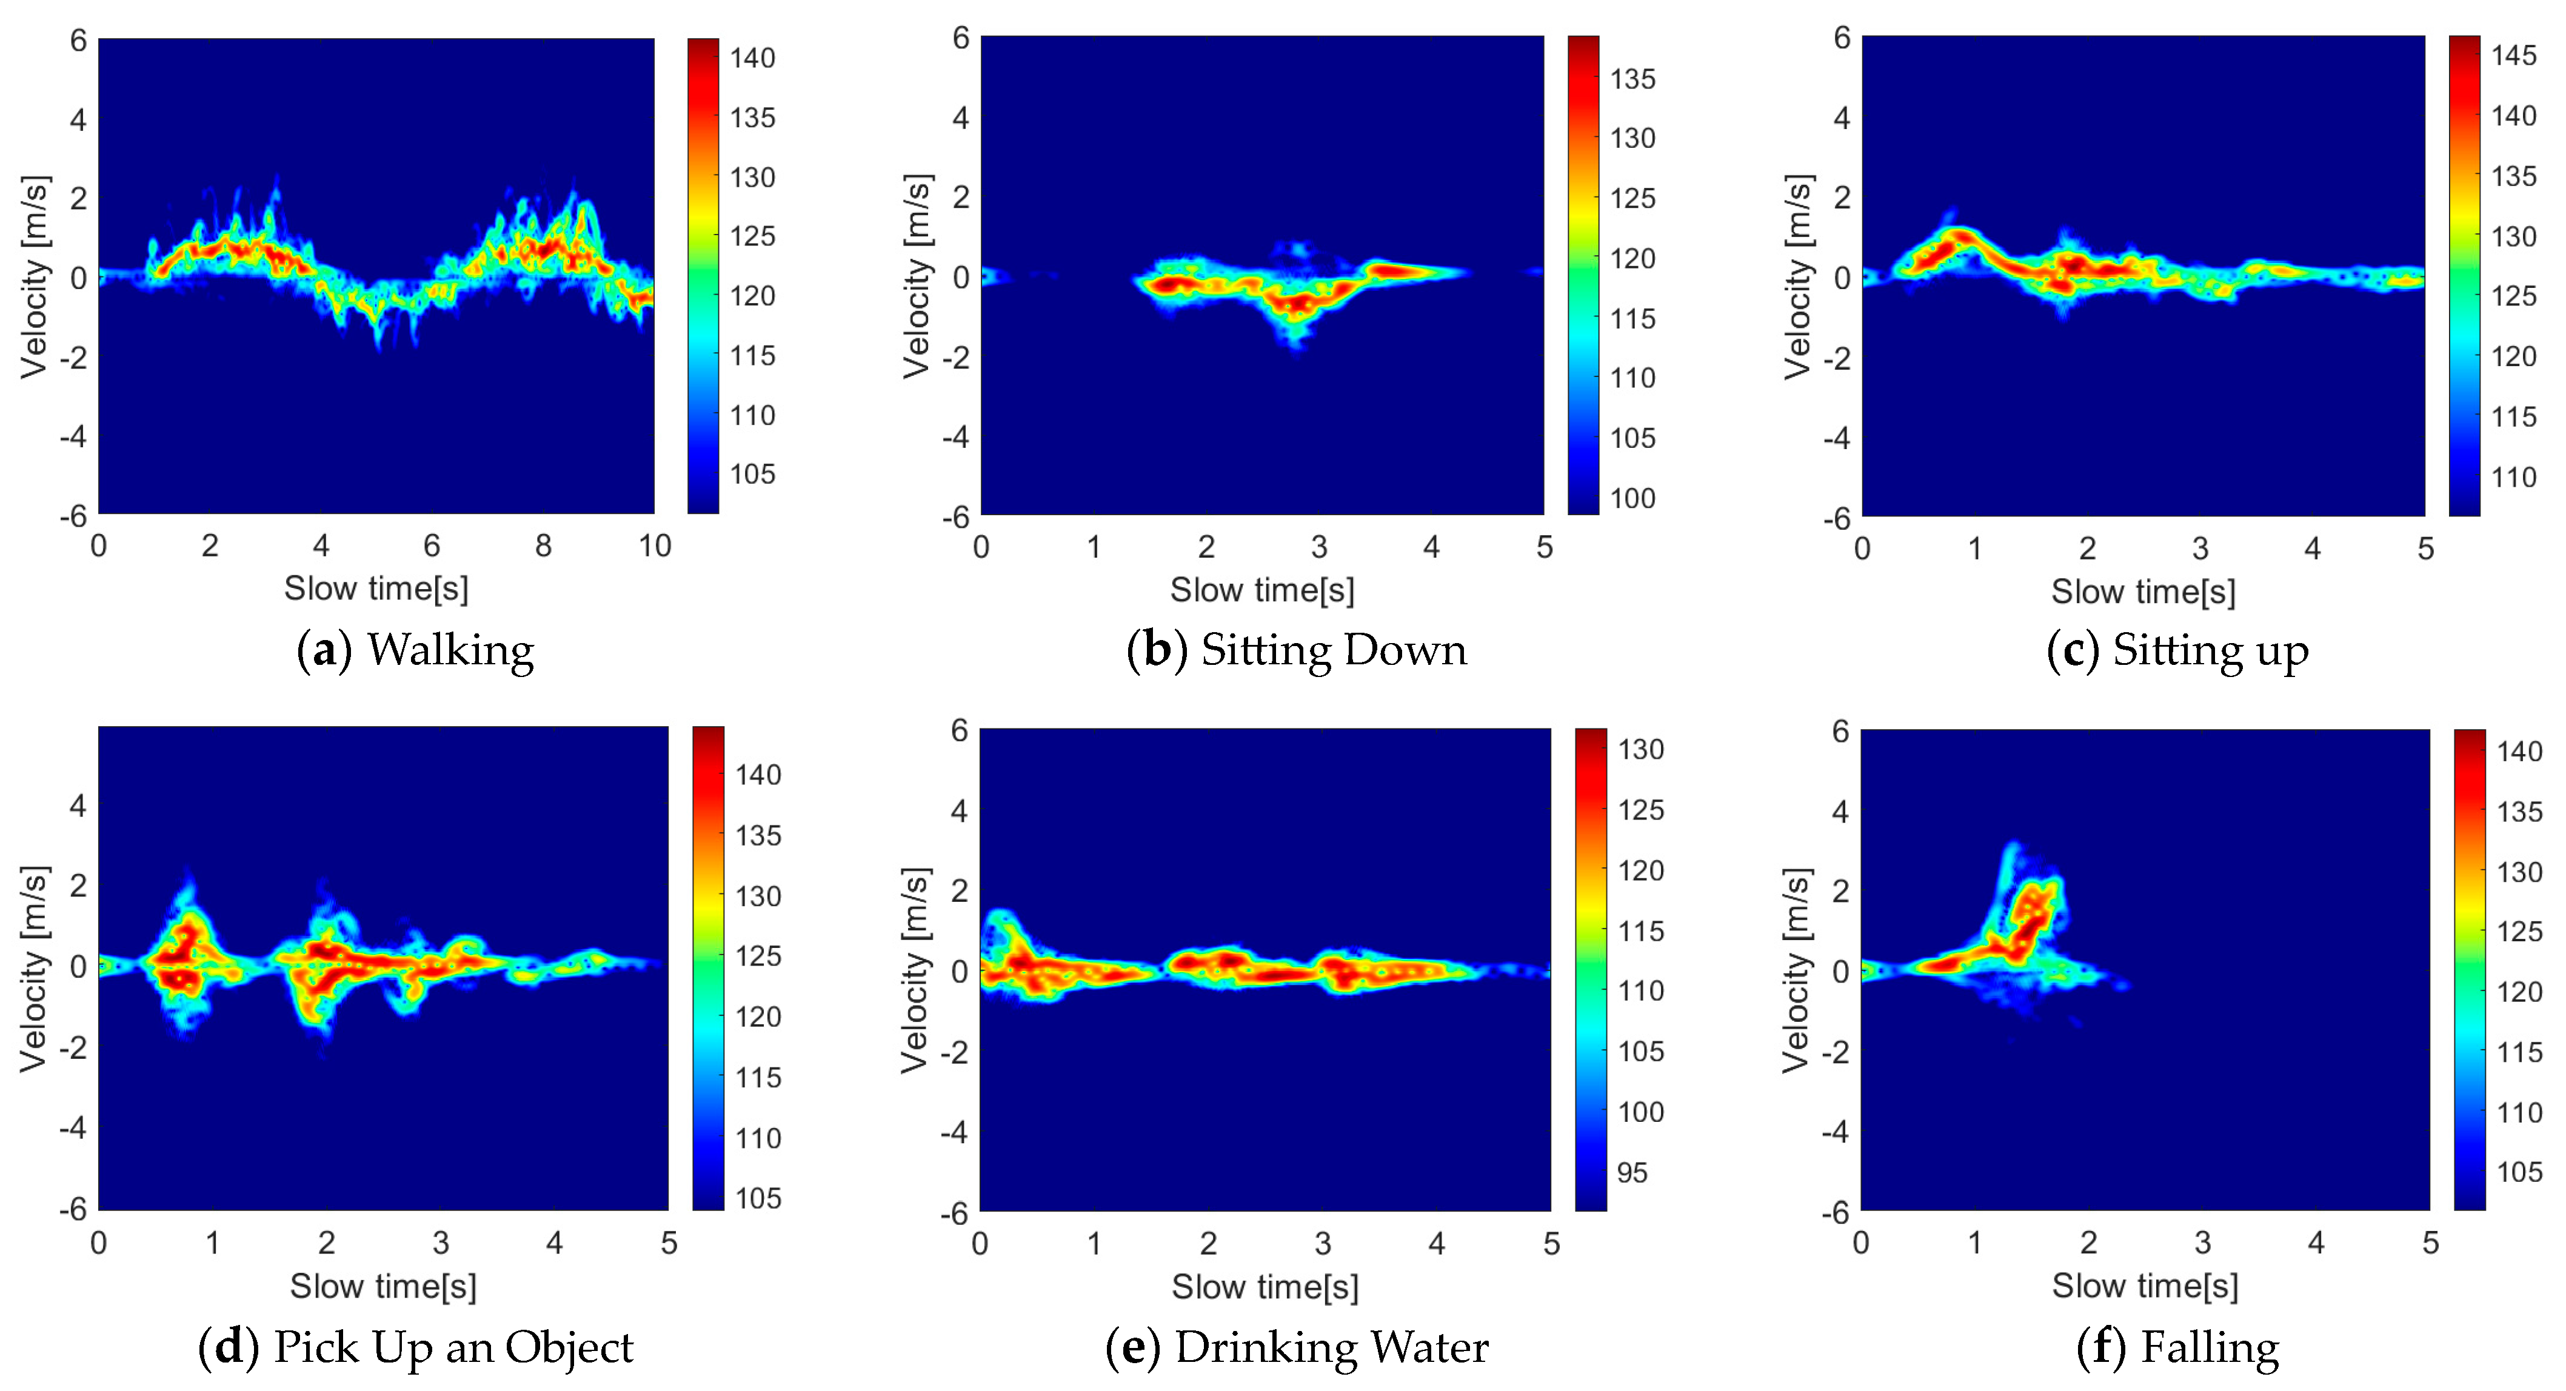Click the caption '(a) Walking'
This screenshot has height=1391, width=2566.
coord(415,650)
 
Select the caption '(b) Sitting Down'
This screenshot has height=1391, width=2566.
coord(1296,650)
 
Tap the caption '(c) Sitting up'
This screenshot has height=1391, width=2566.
coord(2177,650)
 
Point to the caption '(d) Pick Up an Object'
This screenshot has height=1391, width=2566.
coord(415,1347)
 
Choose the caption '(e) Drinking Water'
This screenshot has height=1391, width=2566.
coord(1296,1347)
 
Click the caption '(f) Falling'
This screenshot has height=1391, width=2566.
coord(2177,1347)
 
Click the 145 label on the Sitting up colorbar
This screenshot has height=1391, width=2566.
coord(2513,56)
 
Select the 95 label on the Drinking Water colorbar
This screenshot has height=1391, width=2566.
coord(1632,1173)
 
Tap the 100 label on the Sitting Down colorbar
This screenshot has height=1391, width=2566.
coord(1632,498)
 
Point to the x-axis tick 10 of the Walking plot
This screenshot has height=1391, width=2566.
coord(655,545)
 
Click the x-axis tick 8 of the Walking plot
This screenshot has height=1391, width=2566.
coord(543,545)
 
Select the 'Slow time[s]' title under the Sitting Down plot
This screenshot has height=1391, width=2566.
coord(1262,590)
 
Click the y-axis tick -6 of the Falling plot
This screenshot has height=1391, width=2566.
coord(1836,1213)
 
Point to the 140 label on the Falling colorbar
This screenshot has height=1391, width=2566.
coord(2518,752)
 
